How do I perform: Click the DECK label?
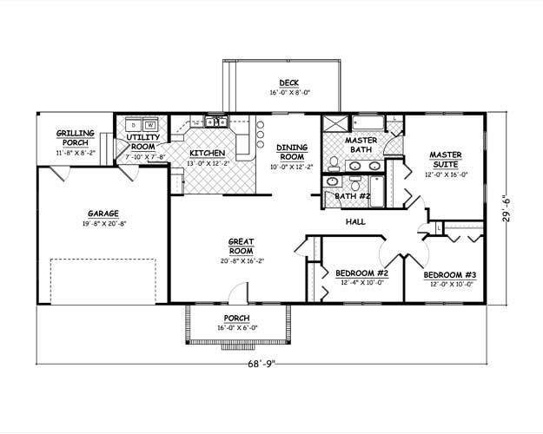[288, 83]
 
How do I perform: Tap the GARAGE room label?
[103, 214]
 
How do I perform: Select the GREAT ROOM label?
[242, 246]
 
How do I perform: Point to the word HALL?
[355, 222]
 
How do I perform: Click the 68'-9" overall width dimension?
[262, 364]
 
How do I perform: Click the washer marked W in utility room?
[150, 124]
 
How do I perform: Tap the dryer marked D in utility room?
[132, 124]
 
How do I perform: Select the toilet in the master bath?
[334, 164]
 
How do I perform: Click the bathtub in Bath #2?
[377, 191]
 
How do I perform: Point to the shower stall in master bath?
[335, 124]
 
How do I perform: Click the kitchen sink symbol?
[215, 122]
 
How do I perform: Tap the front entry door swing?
[239, 293]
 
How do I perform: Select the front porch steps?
[237, 347]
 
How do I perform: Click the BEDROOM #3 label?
[450, 275]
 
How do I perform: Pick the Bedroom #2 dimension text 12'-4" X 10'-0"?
[362, 282]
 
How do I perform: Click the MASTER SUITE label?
[446, 160]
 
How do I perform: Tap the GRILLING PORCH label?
[75, 138]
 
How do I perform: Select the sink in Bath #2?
[333, 181]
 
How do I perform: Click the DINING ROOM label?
[292, 152]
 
